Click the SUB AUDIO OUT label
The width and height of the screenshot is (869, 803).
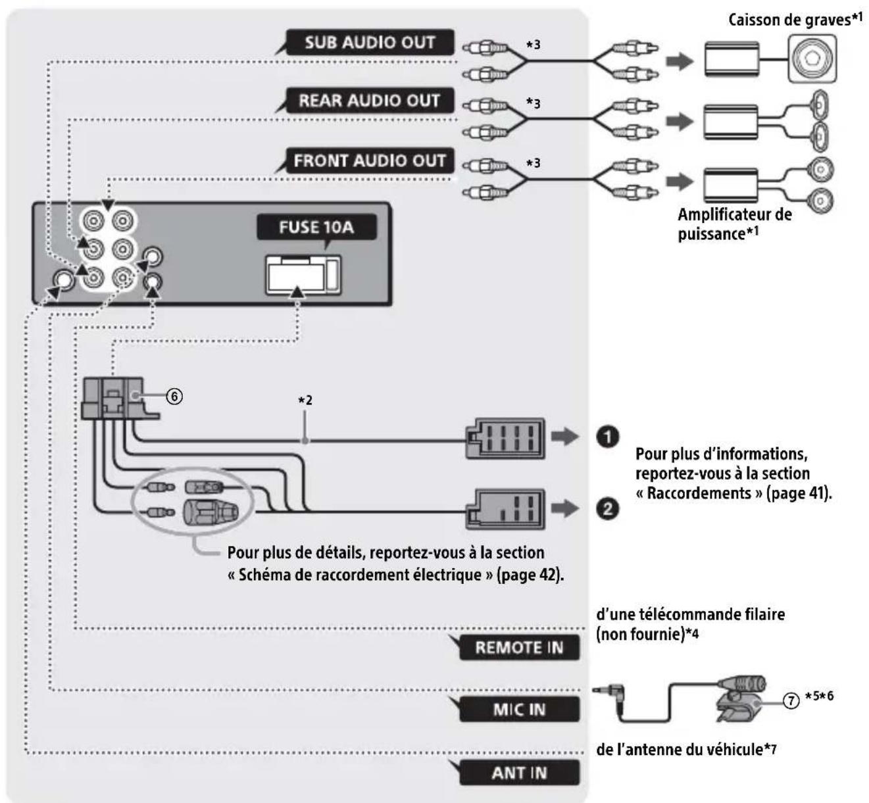370,42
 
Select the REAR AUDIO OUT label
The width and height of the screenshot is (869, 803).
370,100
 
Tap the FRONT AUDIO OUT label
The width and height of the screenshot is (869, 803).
370,160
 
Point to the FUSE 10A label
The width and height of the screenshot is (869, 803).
316,227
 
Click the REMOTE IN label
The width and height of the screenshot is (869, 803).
520,647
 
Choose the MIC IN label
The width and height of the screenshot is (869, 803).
520,710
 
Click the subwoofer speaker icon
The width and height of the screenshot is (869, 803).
812,59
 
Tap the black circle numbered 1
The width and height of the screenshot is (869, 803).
607,437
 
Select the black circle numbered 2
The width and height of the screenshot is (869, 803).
607,509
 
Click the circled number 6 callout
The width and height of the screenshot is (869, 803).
174,397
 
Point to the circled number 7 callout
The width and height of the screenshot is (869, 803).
791,701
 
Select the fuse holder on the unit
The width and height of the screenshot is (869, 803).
303,276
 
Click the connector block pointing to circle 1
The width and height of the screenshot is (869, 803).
505,439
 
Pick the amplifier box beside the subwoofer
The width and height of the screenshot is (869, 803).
732,59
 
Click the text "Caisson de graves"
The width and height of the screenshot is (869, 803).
789,20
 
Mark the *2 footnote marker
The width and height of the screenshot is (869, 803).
305,400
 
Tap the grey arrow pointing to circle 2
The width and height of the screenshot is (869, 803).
564,508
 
